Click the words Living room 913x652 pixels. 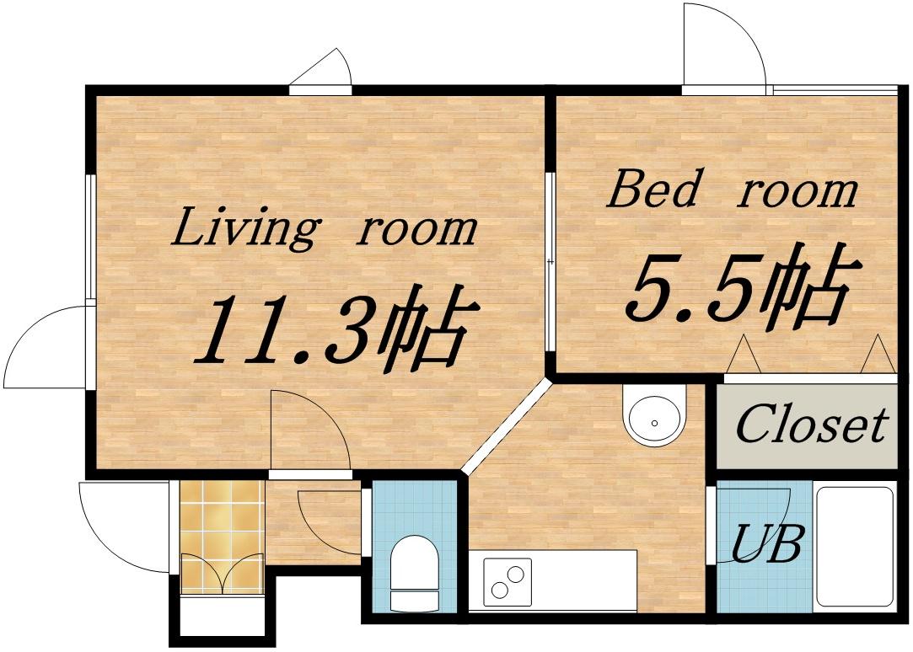click(x=324, y=228)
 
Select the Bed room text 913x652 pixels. click(x=732, y=189)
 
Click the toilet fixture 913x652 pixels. click(x=414, y=572)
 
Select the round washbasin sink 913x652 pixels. click(x=655, y=414)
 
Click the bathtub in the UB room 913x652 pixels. click(x=855, y=547)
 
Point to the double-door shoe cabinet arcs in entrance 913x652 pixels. click(x=222, y=574)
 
